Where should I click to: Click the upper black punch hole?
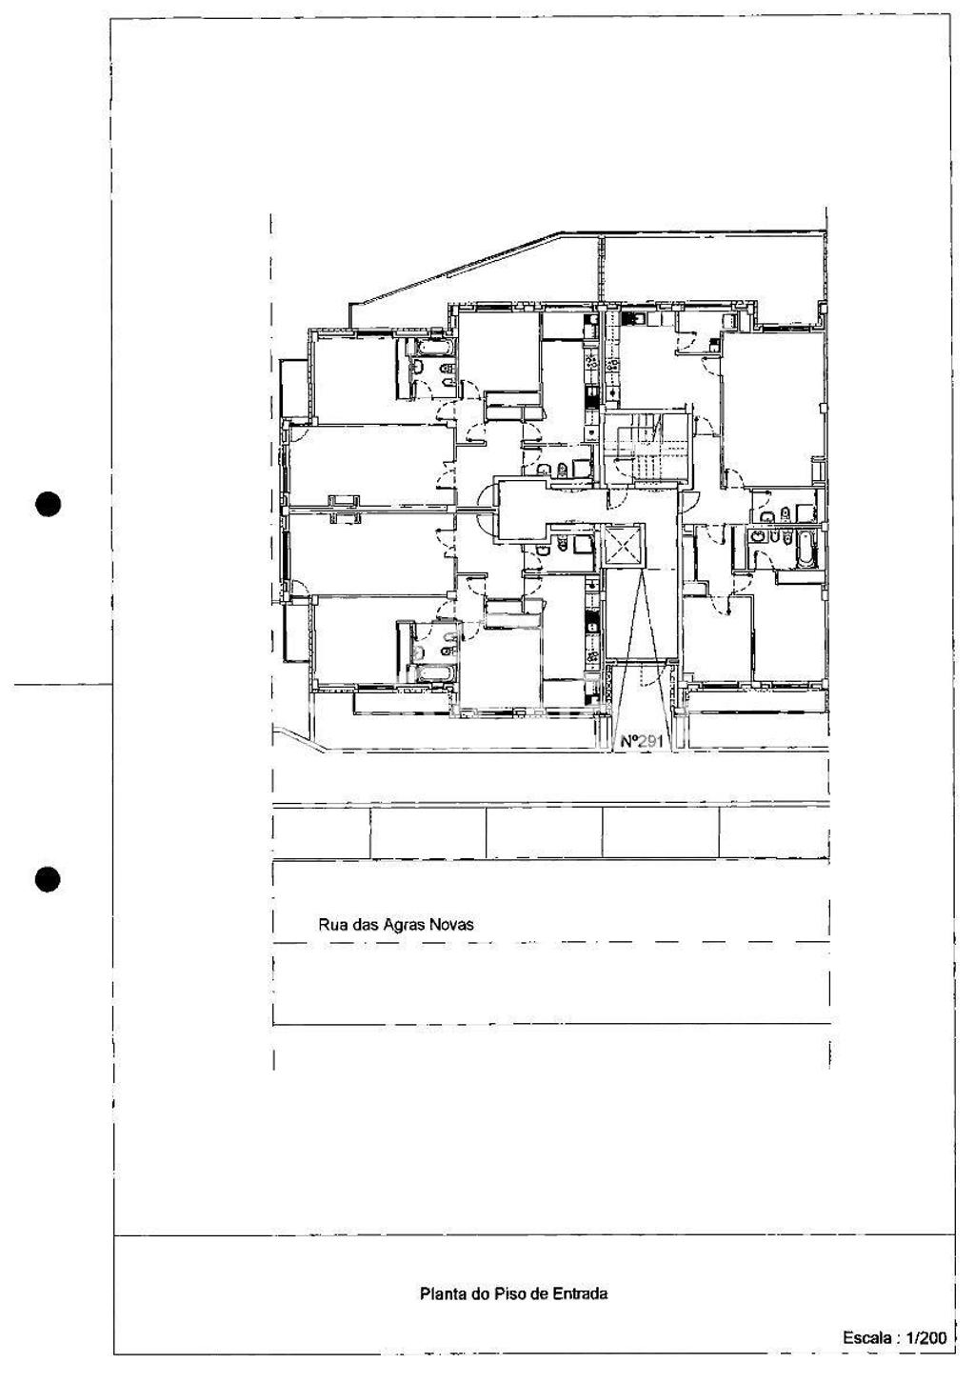(49, 503)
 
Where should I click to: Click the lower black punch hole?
(49, 879)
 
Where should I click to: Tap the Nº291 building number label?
(641, 740)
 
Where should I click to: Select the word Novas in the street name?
(451, 924)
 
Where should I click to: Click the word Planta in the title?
(442, 1293)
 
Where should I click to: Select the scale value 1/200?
(925, 1338)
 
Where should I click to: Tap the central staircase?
(647, 448)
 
